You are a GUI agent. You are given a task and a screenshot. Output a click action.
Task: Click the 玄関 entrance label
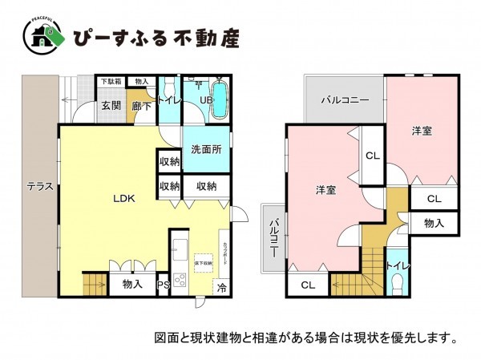tap(111, 105)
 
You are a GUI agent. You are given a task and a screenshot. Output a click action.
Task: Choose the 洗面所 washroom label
tap(206, 148)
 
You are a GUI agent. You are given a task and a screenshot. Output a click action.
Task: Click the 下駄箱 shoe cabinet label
tap(111, 81)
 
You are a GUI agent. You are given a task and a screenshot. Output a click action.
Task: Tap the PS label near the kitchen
tap(163, 283)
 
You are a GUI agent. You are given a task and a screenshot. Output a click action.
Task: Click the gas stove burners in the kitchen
tap(179, 280)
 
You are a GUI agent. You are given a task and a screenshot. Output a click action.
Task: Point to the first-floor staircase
tap(95, 282)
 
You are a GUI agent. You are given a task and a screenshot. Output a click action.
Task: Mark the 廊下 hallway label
tap(141, 105)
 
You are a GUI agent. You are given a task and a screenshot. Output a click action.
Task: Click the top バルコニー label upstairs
tap(345, 101)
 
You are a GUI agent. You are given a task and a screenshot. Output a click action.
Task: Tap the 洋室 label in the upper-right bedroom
tap(422, 130)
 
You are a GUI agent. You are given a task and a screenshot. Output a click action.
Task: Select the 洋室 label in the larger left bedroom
tap(325, 189)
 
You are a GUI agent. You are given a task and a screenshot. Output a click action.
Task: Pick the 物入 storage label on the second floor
tap(434, 222)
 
